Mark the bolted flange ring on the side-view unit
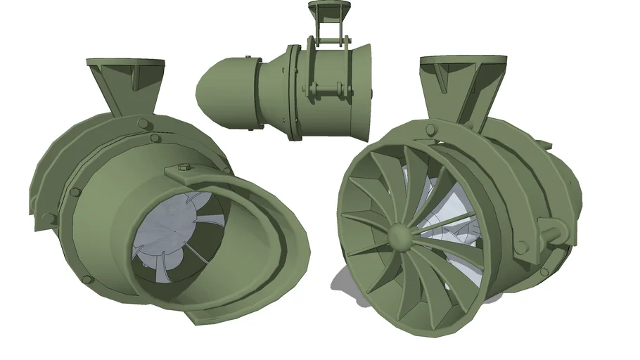point(293,91)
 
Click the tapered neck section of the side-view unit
point(270,91)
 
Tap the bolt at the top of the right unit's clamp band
point(426,127)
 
